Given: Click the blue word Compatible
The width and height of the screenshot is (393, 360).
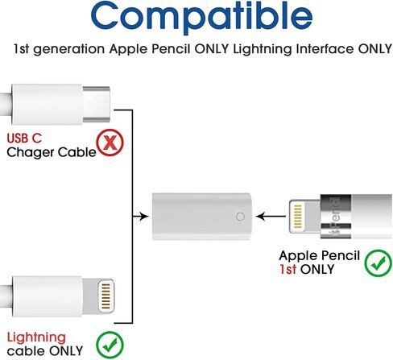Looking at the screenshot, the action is coord(201,16).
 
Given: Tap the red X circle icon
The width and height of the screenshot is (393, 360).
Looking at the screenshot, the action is coord(110,143).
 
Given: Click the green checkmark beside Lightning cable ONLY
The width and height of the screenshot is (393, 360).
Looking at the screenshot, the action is coord(110,345).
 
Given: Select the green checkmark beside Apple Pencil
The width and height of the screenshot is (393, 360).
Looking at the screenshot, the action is coord(378,263).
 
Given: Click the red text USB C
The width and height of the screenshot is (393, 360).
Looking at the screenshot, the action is coord(24,139).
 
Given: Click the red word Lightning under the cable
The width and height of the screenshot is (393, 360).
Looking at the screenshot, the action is coord(36,338).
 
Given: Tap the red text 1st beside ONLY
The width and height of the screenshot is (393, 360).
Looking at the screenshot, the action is coord(288,269).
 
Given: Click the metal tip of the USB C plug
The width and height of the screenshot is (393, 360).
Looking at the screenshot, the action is coord(96,104).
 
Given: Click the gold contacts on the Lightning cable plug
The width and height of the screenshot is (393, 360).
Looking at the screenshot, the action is coord(105,296).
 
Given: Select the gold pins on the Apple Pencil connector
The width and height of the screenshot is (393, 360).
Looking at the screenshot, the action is coord(298,217).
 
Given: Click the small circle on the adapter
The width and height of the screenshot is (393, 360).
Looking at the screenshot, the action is coord(240,217).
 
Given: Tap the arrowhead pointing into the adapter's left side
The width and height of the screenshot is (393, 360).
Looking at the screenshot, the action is coord(144,216).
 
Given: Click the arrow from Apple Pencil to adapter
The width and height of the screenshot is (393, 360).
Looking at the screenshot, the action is coord(271,216).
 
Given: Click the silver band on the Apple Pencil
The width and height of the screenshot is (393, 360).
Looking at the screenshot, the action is coord(336,217).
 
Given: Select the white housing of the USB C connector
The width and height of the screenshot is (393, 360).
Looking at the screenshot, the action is coord(47,104).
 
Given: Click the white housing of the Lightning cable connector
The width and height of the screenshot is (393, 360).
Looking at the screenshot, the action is coord(47,296).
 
